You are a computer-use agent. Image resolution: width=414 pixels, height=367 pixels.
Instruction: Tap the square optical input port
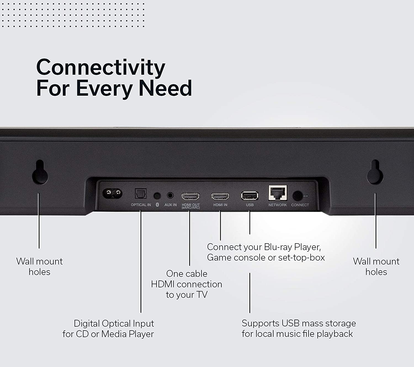tap(141, 194)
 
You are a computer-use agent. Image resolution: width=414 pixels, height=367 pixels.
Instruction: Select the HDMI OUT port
tap(190, 197)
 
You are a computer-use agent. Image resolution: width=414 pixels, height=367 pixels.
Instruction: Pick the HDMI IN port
tap(220, 197)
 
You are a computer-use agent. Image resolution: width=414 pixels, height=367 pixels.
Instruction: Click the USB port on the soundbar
tap(250, 196)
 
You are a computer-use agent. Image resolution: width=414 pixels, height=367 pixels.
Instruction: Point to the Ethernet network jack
tap(278, 193)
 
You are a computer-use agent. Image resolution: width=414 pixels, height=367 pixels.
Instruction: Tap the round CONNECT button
tap(298, 196)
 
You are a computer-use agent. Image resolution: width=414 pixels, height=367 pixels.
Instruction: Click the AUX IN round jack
tap(170, 195)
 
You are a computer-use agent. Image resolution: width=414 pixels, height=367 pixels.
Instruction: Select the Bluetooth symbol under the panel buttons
tap(157, 205)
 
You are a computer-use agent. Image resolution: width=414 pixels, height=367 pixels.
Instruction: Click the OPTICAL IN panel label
tap(141, 205)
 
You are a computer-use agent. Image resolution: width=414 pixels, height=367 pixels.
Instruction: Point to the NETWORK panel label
tap(277, 205)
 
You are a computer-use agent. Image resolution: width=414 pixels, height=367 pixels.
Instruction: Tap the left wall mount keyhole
tap(40, 172)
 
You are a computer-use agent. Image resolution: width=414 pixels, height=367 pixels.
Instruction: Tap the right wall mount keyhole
tap(375, 172)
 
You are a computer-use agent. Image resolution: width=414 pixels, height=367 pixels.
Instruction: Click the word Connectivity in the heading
tap(100, 68)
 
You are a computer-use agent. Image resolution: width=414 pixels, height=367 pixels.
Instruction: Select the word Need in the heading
tap(165, 88)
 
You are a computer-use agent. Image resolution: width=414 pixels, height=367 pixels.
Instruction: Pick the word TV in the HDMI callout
tap(202, 295)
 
